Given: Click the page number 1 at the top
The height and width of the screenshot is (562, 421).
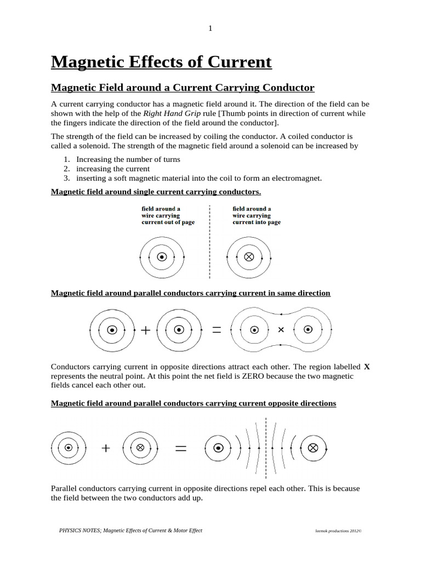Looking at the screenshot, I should (x=210, y=29).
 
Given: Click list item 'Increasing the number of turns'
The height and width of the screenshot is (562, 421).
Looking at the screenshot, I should (x=128, y=159).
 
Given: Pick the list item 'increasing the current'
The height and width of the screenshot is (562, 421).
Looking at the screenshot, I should (x=113, y=168).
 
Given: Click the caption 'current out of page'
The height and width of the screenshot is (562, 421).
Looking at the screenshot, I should (x=168, y=222).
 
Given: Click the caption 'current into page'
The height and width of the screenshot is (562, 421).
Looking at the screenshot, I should (x=257, y=222).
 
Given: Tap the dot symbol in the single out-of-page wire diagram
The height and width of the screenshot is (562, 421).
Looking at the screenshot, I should (x=161, y=257).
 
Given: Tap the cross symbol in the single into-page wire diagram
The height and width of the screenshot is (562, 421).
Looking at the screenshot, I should (x=249, y=257).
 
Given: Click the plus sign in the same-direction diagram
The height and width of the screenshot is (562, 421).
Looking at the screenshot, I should (x=145, y=330).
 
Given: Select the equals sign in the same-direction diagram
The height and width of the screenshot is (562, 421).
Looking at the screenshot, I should (x=216, y=330).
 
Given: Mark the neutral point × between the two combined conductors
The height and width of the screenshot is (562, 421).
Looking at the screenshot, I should (x=281, y=330).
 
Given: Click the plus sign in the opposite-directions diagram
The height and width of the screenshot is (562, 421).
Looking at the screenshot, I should (x=105, y=448).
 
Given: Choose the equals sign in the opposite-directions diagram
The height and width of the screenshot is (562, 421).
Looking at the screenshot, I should (x=180, y=448).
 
